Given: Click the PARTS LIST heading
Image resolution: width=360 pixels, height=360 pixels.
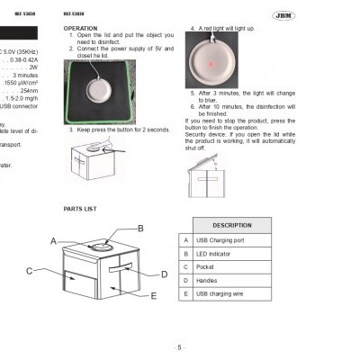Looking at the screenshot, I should tap(80, 208).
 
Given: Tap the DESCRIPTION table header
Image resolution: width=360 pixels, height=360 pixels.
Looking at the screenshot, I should tap(231, 225).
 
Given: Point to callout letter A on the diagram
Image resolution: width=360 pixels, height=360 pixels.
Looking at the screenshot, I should tap(54, 241).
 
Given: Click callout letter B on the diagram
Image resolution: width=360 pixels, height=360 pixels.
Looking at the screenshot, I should tap(140, 229).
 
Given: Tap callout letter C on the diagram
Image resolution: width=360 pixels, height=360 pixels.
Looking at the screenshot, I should tap(29, 270).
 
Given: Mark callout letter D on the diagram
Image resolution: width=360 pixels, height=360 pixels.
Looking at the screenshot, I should tap(164, 274).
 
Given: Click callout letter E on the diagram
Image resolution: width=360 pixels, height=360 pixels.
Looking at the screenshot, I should tap(154, 295).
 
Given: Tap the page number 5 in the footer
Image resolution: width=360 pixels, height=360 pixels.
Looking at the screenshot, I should tap(179, 347).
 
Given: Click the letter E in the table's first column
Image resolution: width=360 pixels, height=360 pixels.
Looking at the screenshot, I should tap(184, 293).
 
